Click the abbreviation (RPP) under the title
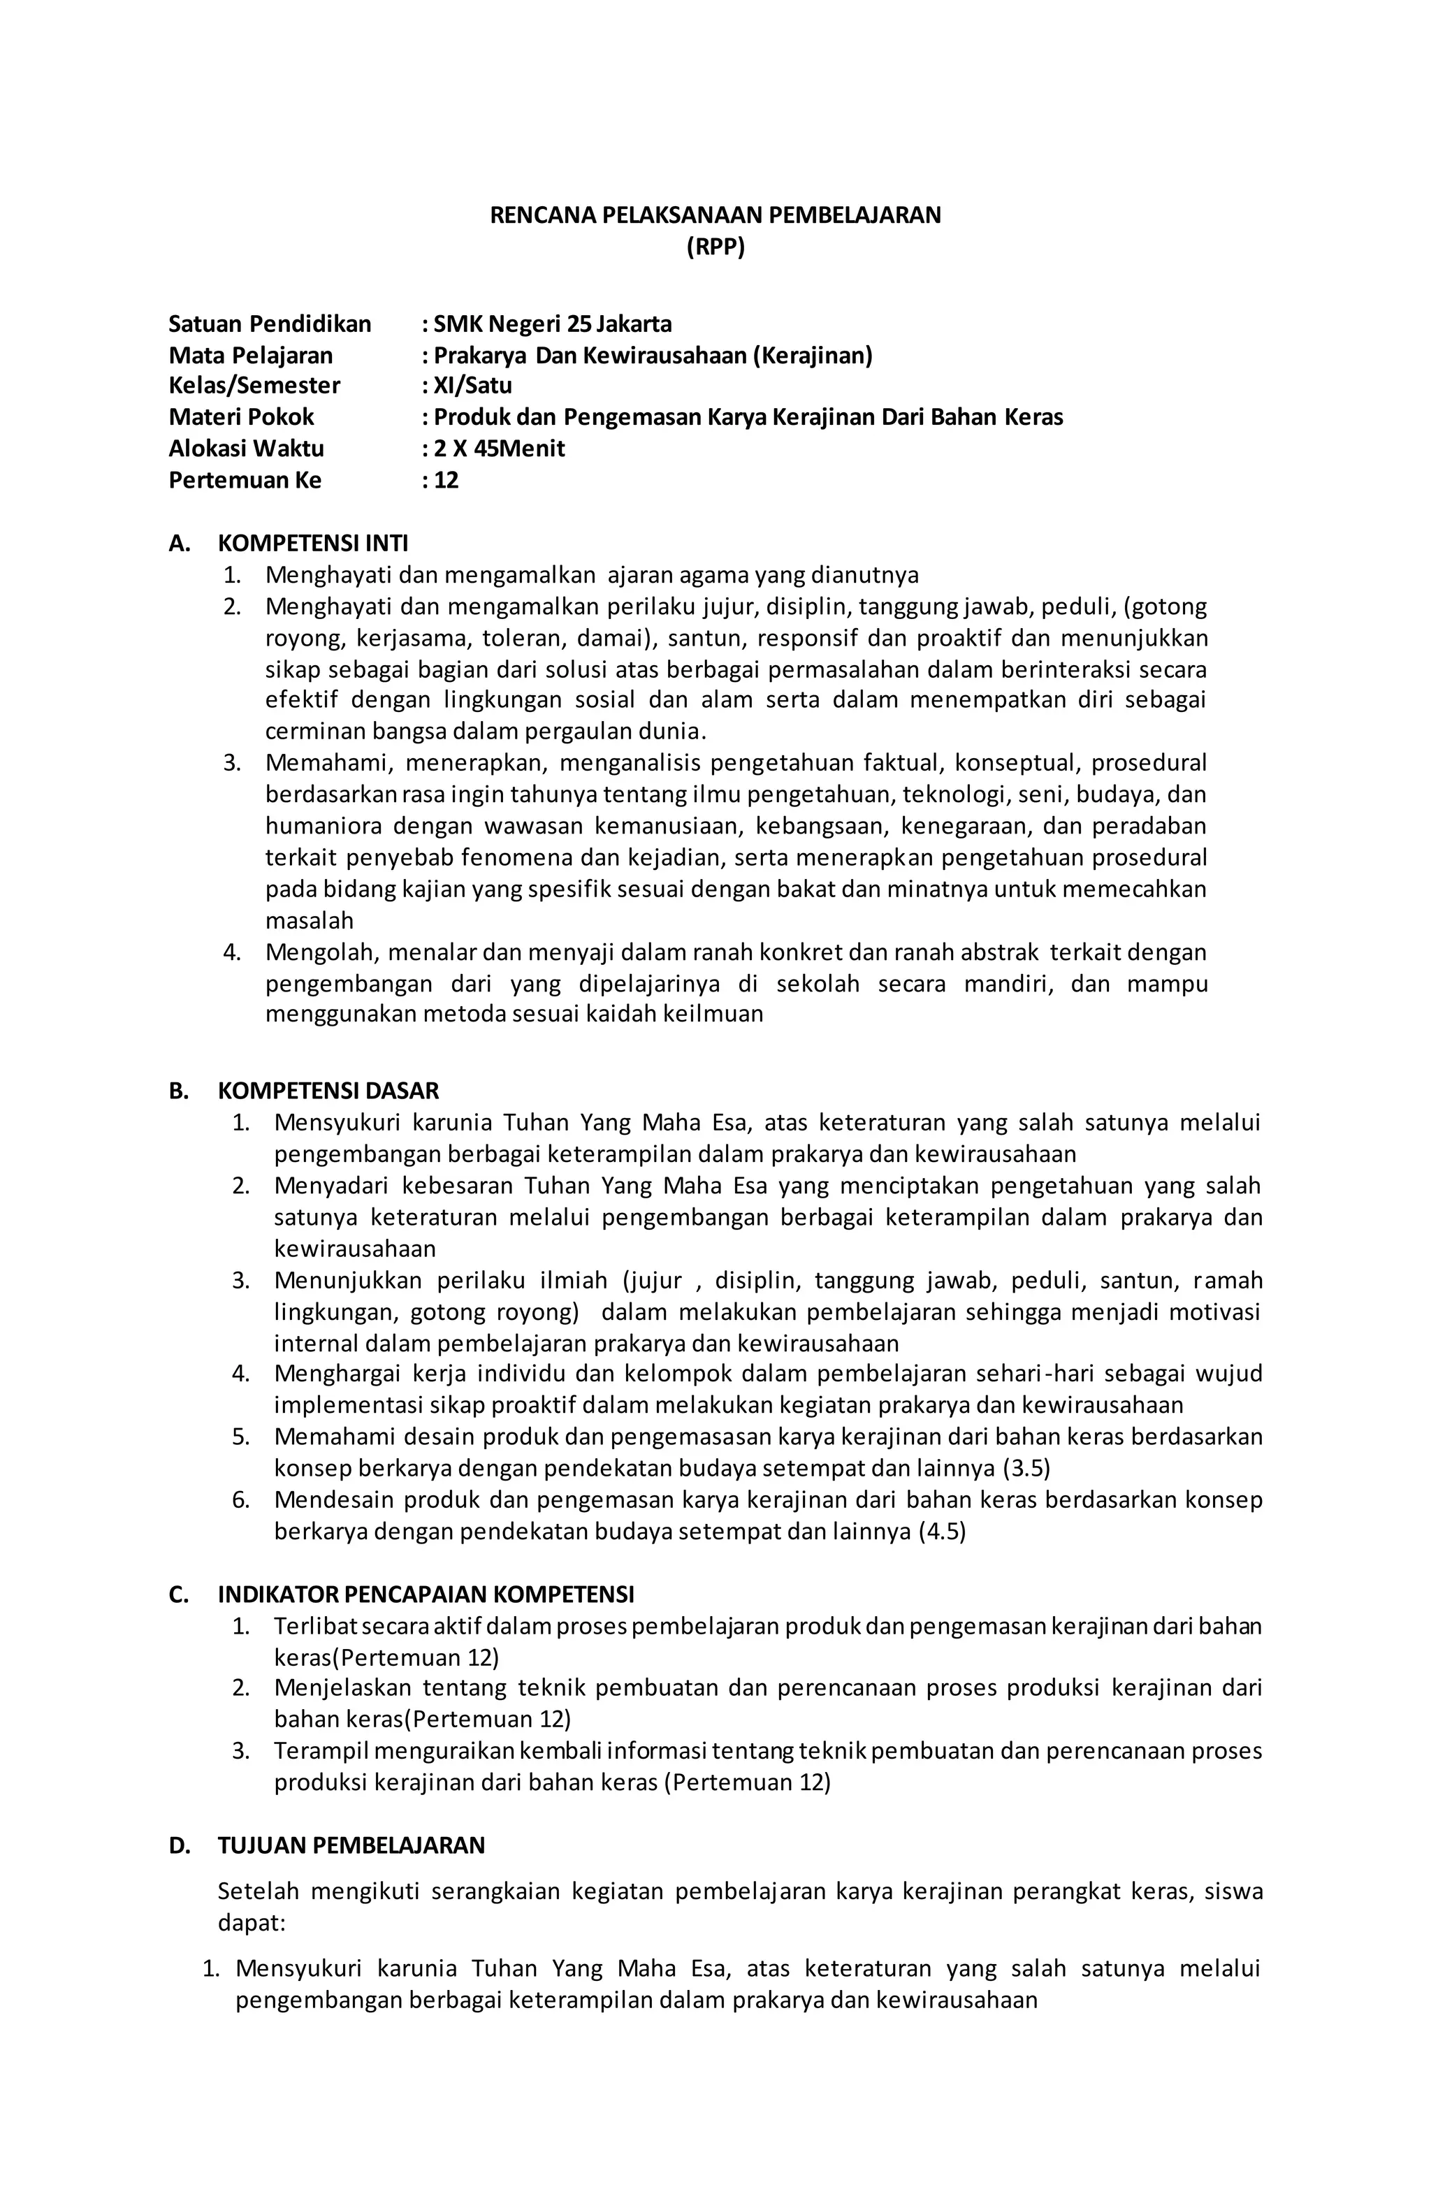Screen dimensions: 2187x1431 point(715,247)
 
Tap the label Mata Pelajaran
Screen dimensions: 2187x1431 point(250,355)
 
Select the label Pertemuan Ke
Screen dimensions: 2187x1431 point(245,479)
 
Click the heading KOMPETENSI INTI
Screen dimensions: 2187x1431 point(312,543)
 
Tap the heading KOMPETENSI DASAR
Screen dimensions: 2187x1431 point(328,1091)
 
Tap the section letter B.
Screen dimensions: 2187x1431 point(178,1091)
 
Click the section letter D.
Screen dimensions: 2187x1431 point(178,1845)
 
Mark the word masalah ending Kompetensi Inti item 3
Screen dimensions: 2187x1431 point(309,920)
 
